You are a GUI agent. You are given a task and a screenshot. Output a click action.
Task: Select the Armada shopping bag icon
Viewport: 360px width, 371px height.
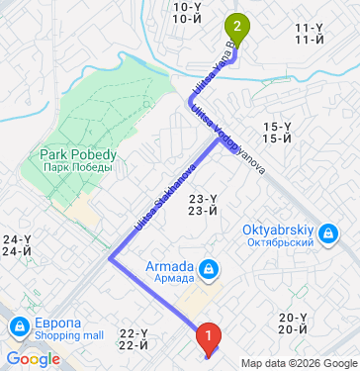(x=209, y=268)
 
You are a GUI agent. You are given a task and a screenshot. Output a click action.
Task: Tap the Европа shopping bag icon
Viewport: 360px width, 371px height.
(x=19, y=326)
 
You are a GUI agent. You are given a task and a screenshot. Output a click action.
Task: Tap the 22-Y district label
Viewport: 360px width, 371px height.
(x=133, y=338)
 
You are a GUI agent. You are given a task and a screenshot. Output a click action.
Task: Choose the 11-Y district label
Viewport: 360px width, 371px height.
(x=310, y=34)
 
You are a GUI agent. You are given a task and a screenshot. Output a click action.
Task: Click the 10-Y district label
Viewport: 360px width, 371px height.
(x=186, y=11)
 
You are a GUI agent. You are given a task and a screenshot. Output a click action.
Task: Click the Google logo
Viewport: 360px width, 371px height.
(x=33, y=358)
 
